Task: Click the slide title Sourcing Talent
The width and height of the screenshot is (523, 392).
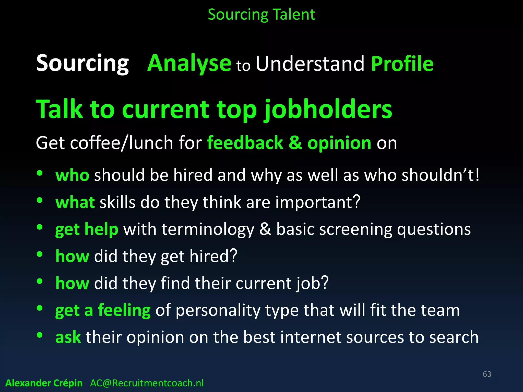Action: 261,15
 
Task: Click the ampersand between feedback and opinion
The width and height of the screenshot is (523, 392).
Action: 295,143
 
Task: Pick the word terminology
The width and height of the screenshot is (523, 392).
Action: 208,229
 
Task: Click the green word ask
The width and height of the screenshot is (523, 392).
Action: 68,337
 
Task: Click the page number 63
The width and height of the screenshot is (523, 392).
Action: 487,374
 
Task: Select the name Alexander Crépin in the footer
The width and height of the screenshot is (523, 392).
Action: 44,383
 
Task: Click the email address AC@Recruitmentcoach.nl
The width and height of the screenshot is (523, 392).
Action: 147,383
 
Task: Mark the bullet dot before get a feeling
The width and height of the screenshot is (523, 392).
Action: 40,308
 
